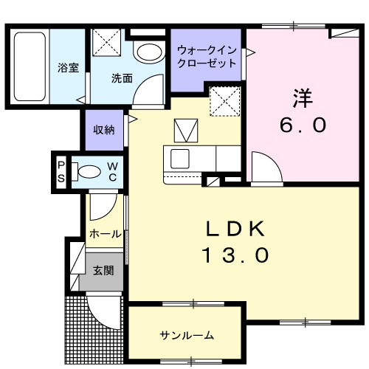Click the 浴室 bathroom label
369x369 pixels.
(69, 69)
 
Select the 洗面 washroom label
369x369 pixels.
(122, 78)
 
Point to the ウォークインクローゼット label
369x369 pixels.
(207, 56)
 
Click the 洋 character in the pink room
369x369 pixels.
(302, 97)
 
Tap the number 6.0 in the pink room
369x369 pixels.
(302, 125)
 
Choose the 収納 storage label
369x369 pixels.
(103, 130)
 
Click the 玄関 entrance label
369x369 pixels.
(103, 270)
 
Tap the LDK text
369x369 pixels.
(235, 229)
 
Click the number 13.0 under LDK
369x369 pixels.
(235, 256)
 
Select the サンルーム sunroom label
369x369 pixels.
(187, 336)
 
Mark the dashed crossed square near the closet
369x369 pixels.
(221, 100)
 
